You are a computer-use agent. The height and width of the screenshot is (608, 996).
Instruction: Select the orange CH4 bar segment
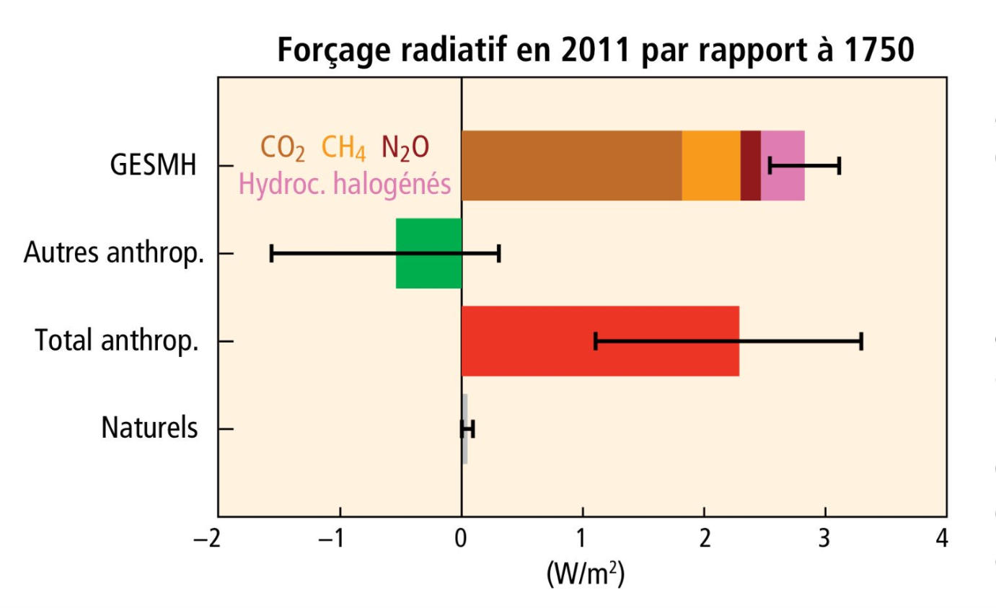coord(711,166)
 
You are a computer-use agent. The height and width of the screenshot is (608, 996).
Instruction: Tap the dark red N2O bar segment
coord(751,166)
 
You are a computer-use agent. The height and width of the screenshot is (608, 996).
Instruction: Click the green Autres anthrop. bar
coord(428,253)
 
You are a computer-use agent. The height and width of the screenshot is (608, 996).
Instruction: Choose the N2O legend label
coord(405,148)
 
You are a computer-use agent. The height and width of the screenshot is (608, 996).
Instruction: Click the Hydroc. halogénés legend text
coord(345,185)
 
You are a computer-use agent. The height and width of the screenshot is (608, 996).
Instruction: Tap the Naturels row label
coord(149,428)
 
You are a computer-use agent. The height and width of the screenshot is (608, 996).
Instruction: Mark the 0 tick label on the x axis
coord(461,539)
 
